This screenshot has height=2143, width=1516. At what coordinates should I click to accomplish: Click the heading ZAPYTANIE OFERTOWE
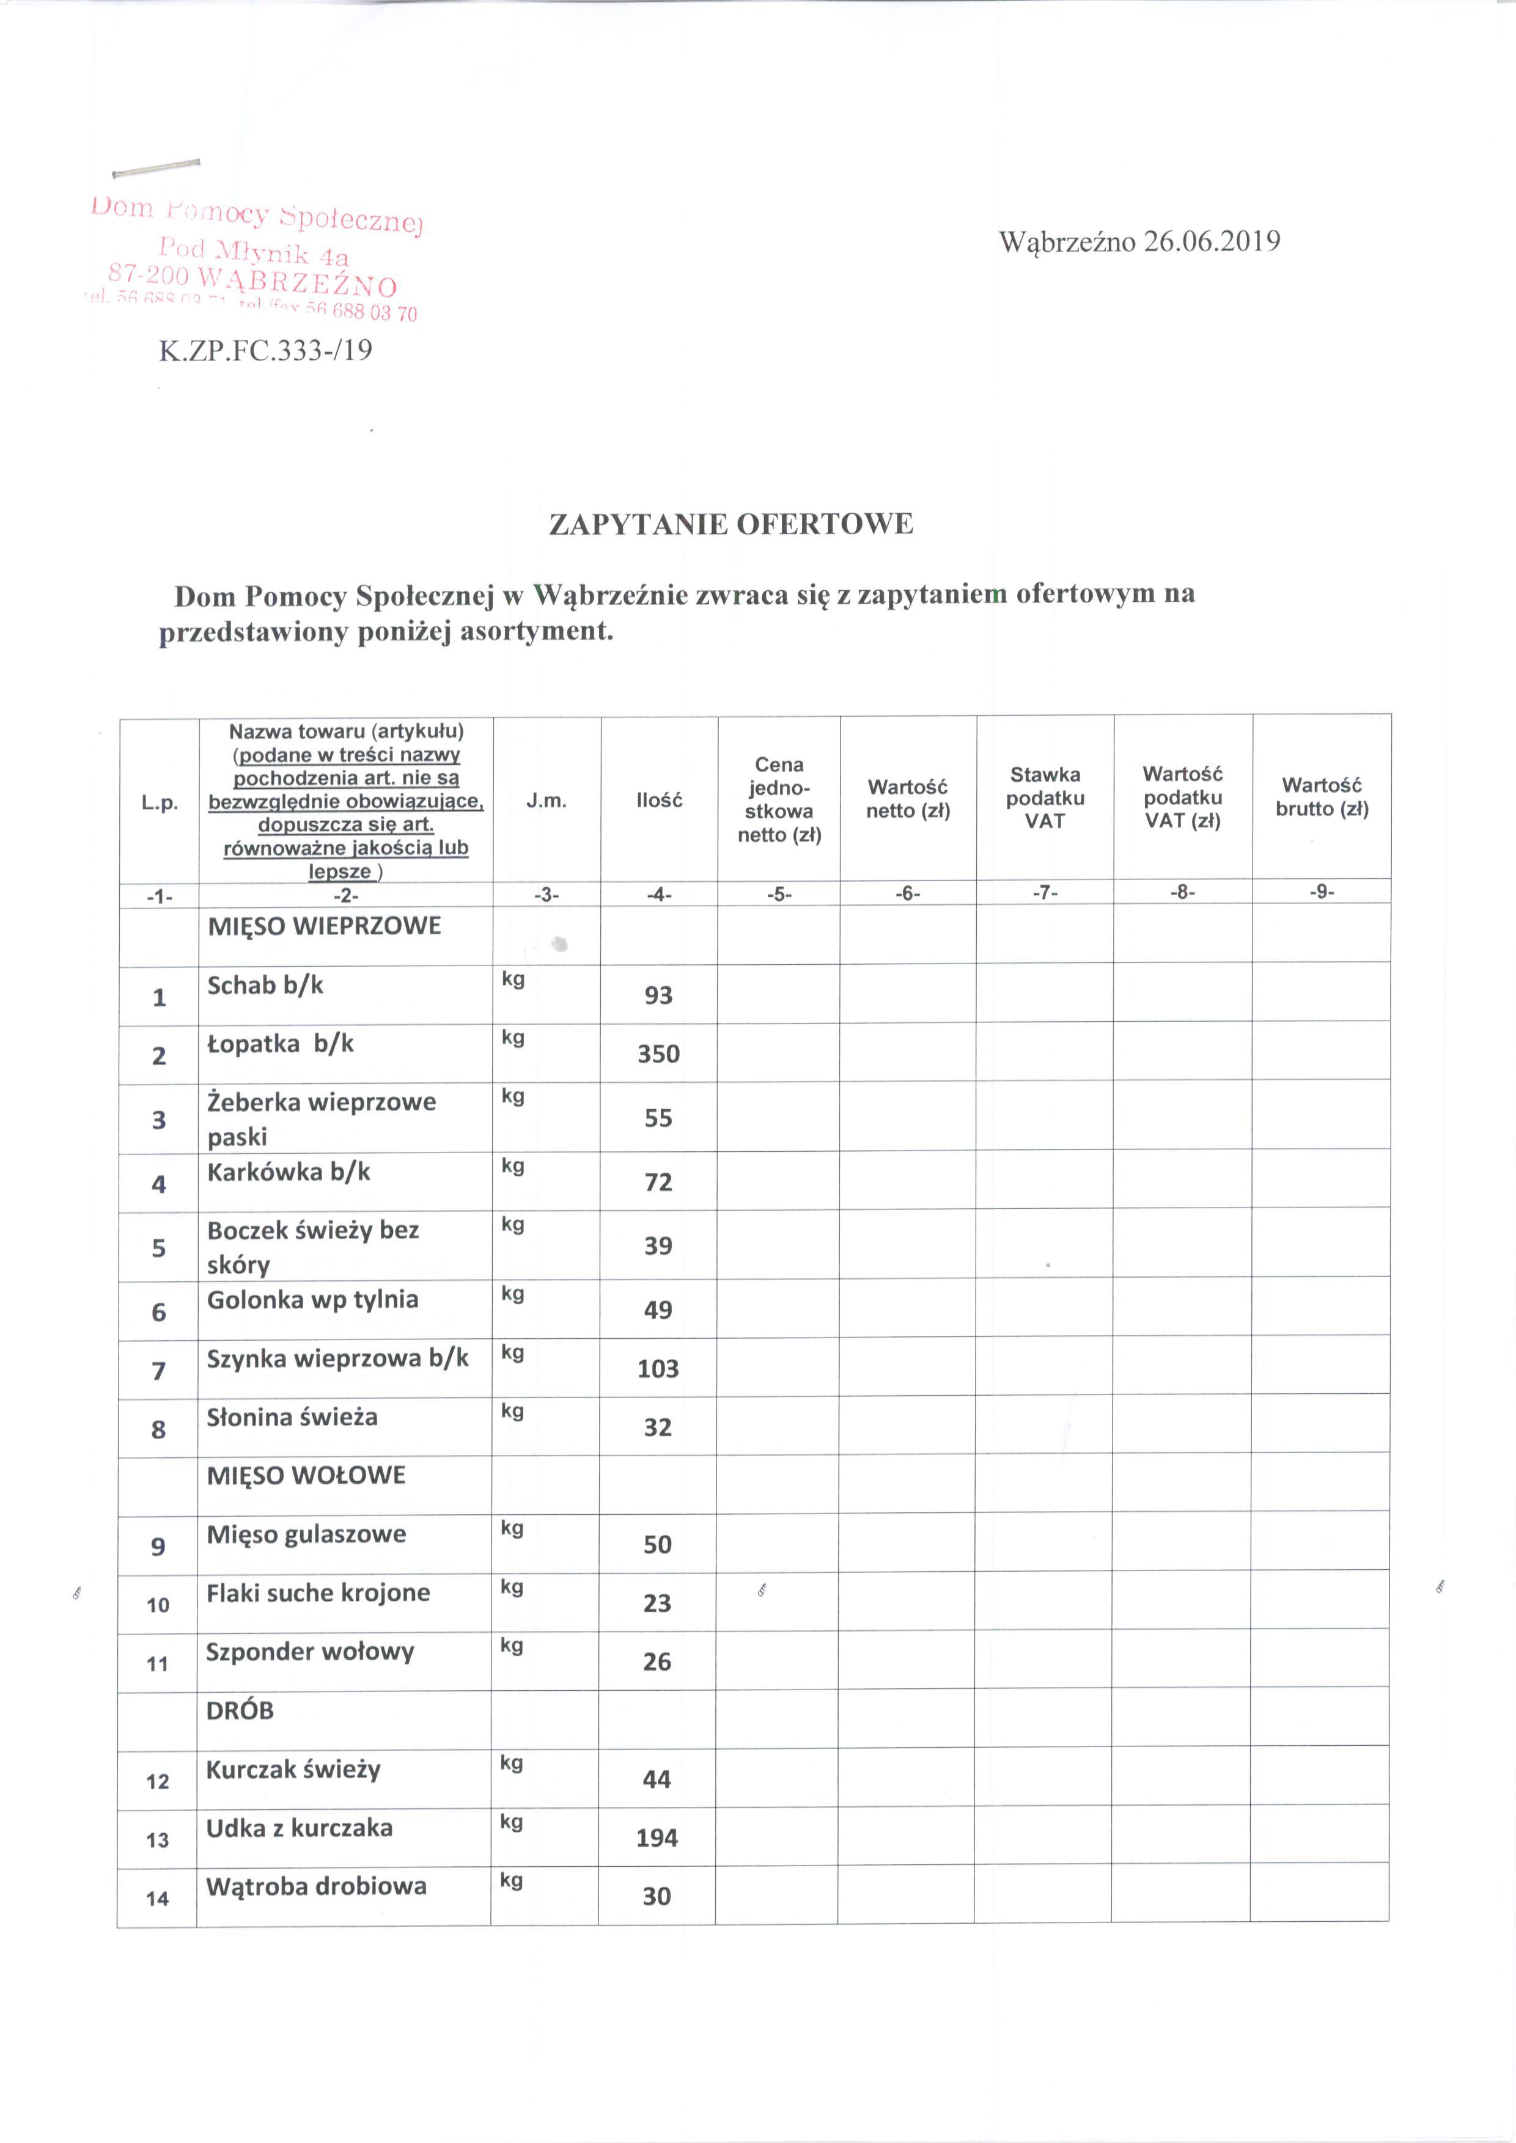tap(731, 524)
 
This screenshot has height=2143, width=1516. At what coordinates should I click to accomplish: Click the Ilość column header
tap(659, 800)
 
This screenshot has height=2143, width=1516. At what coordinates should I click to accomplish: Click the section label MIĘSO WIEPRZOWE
tap(324, 927)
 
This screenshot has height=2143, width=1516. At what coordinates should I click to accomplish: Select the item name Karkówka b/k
tap(289, 1172)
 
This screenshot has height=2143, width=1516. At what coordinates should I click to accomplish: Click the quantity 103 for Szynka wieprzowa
tap(658, 1369)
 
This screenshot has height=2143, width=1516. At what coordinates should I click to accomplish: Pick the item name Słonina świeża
tap(292, 1417)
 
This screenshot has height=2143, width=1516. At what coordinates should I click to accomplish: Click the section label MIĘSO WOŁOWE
tap(306, 1476)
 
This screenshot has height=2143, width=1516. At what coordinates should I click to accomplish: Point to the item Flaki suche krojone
tap(318, 1592)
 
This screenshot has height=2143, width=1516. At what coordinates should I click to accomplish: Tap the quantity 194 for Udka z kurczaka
tap(657, 1838)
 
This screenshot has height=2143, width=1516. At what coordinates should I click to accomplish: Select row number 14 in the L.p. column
tap(158, 1899)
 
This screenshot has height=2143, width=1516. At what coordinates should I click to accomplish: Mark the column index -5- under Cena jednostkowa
tap(779, 894)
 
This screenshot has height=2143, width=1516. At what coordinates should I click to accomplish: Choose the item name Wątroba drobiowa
tap(317, 1886)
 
